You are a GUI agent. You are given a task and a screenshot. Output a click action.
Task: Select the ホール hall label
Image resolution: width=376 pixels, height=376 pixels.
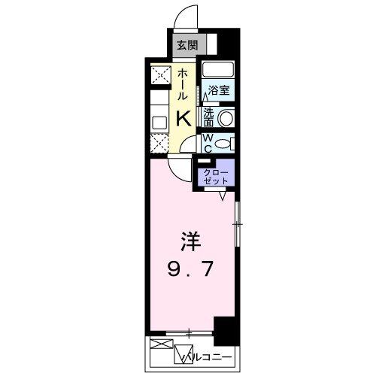[183, 84]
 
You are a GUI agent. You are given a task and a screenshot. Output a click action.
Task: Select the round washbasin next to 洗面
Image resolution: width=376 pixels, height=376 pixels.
[226, 119]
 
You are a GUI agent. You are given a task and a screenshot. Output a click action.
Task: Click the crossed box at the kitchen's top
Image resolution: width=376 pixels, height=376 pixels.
[159, 76]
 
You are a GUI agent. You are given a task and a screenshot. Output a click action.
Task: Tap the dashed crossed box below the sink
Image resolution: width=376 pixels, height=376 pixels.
[159, 142]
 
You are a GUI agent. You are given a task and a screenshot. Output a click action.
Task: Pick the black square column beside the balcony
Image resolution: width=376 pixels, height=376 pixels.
[225, 329]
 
